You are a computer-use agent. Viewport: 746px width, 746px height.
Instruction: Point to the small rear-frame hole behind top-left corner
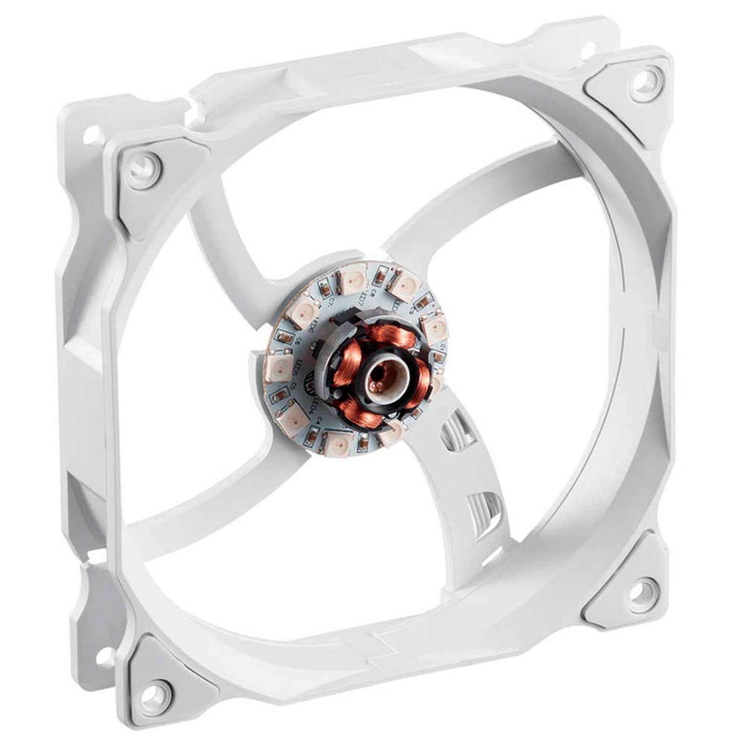(92, 134)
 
